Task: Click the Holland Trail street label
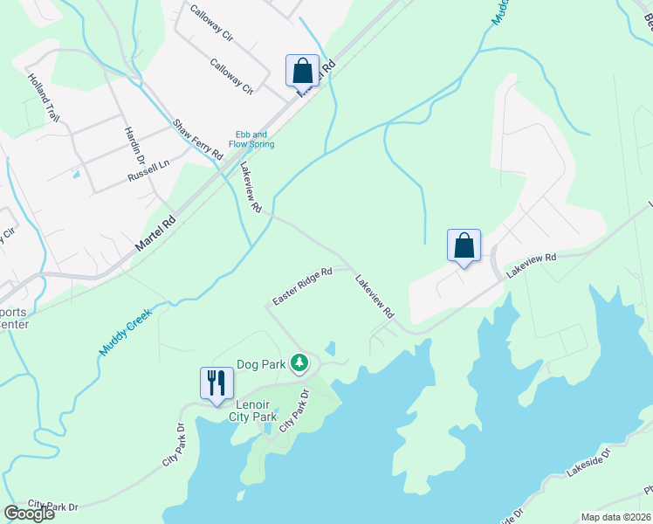tap(42, 97)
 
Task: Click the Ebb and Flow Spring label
tap(251, 139)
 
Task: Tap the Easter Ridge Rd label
tap(302, 286)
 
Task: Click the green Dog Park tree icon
tap(299, 362)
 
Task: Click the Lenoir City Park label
tap(257, 410)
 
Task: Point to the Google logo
tap(29, 514)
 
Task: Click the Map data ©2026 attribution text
tap(615, 517)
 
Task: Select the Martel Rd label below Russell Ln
tap(155, 235)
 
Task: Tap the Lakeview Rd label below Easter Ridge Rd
tap(375, 296)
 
